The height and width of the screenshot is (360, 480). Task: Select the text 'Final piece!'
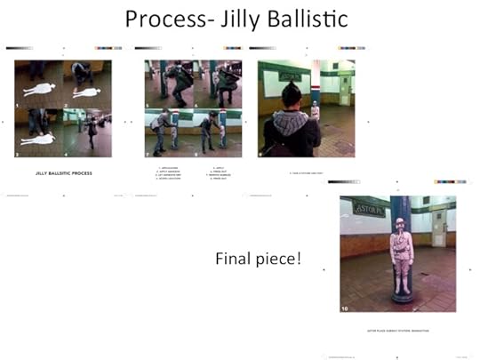[259, 259]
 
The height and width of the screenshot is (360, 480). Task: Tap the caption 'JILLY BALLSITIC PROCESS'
[63, 172]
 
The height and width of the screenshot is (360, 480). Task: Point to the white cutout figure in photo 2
[86, 92]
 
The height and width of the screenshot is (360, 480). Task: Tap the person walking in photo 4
[92, 131]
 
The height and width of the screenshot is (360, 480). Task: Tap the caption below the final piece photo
[397, 328]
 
